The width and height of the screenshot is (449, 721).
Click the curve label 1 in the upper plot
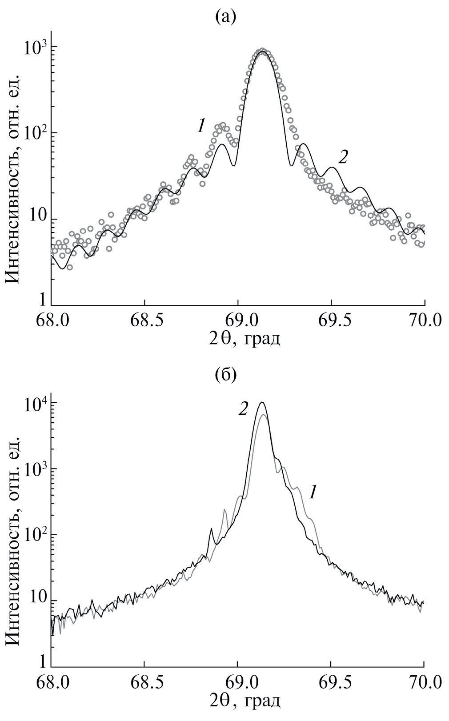click(x=201, y=126)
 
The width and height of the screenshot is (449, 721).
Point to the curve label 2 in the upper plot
click(x=342, y=157)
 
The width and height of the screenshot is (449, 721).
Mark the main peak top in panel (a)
click(x=263, y=51)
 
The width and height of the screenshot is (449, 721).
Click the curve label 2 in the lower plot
click(x=243, y=409)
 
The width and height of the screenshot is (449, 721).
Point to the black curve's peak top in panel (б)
click(x=262, y=403)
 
